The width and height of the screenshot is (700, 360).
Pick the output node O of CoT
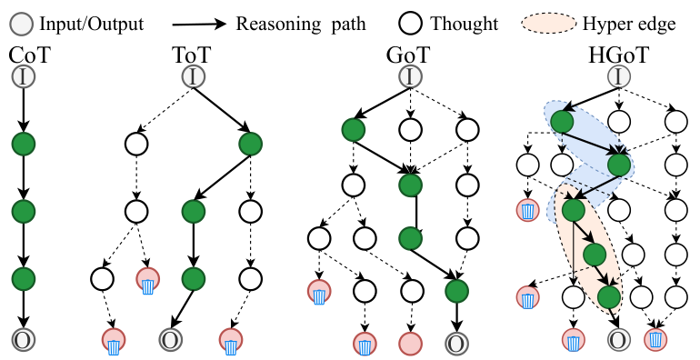[x=23, y=340]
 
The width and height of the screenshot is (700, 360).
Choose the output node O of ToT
[x=170, y=340]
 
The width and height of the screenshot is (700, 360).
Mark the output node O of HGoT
[x=617, y=340]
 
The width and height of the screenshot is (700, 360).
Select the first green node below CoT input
[x=23, y=144]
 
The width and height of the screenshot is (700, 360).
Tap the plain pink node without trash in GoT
[x=411, y=344]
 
